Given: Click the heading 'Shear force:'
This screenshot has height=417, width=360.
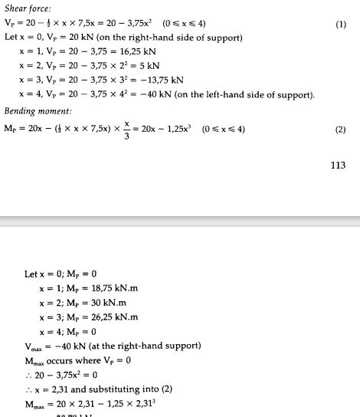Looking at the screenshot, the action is pyautogui.click(x=25, y=9).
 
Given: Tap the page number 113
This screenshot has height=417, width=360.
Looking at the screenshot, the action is pyautogui.click(x=338, y=164).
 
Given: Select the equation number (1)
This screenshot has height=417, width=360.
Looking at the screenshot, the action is pyautogui.click(x=341, y=25).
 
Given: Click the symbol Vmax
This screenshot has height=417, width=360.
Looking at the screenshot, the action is pyautogui.click(x=34, y=346).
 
